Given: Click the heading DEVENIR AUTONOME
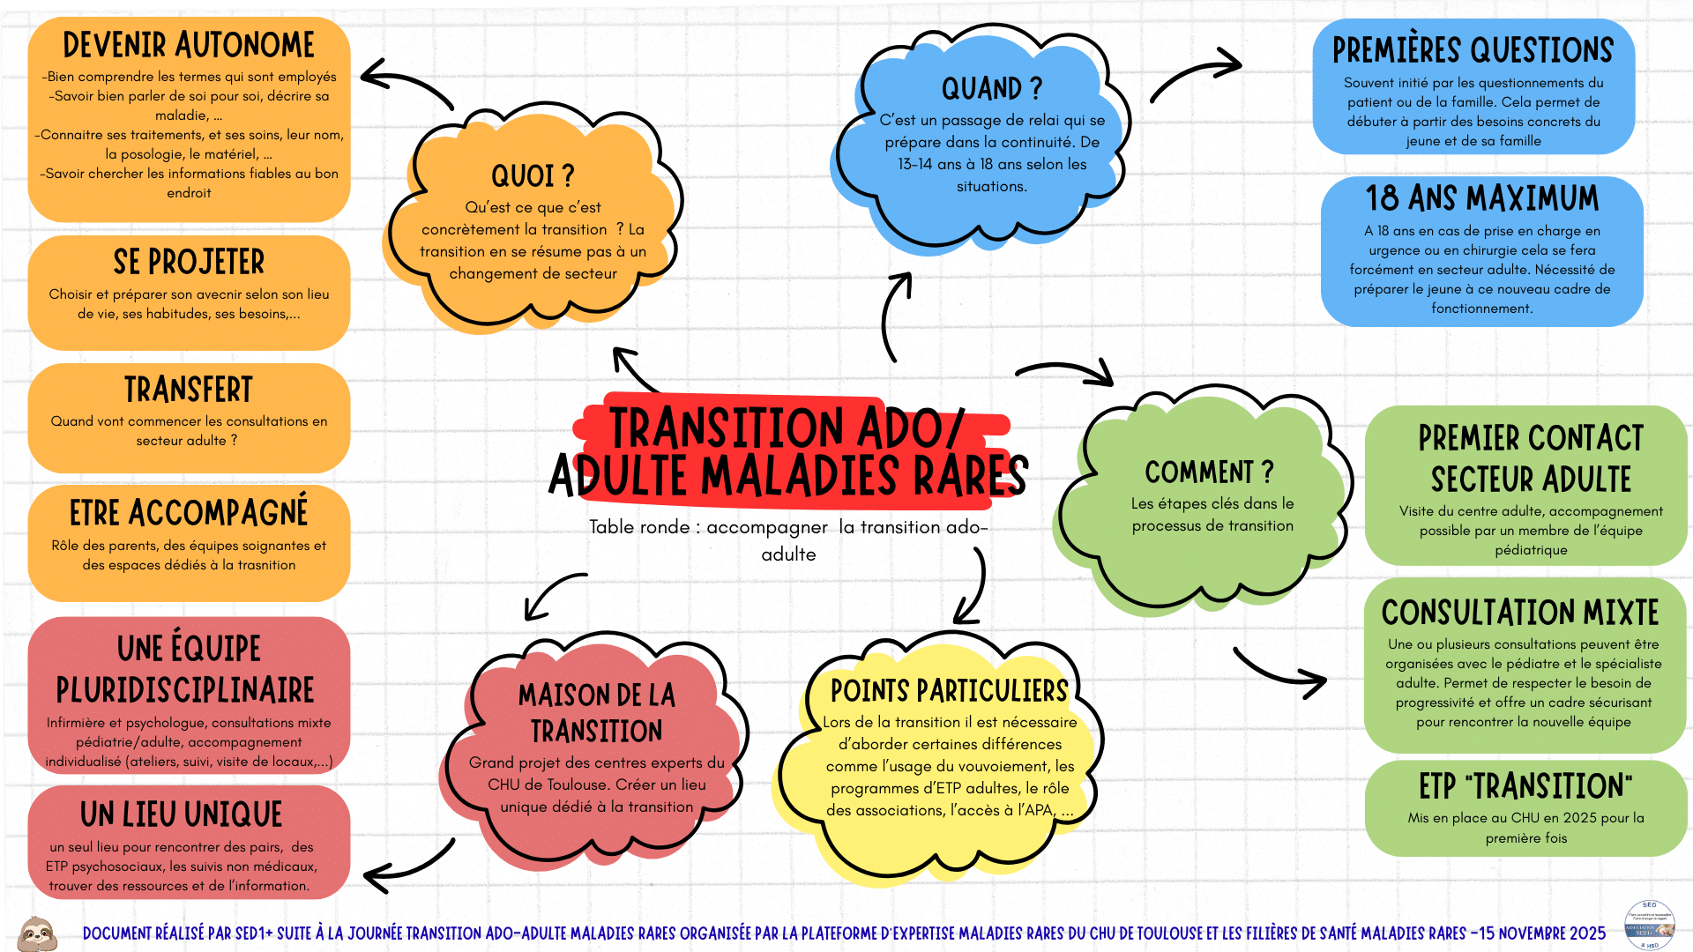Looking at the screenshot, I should point(189,45).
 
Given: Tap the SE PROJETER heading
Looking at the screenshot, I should point(189,262).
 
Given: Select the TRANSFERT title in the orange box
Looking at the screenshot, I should point(189,390).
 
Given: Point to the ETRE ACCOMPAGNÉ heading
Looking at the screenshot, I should point(189,512).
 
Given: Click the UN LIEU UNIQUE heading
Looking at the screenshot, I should point(182,814).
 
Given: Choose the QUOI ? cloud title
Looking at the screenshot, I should point(533,176).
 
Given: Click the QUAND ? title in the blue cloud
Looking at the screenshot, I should point(992,89).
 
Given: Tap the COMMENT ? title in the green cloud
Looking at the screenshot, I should point(1210,472).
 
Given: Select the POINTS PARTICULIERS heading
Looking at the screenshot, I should point(949,691).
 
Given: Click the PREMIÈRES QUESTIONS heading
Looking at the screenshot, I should point(1473,51).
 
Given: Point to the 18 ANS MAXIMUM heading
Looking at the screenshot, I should point(1481,198).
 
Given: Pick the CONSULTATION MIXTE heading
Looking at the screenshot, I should point(1520,613).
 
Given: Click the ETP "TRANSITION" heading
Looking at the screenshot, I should point(1525,786).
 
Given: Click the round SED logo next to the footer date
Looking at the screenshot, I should point(1649,926).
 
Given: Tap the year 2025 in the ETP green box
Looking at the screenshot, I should point(1579,818).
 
